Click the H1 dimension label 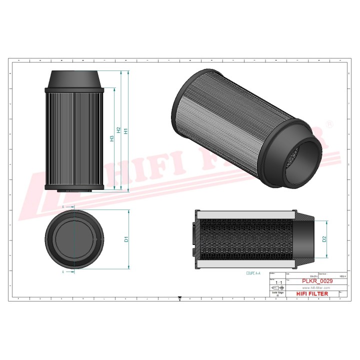[x=126, y=130]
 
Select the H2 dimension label [x=119, y=130]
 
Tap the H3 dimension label [x=112, y=138]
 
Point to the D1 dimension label [x=126, y=239]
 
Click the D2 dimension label [x=324, y=238]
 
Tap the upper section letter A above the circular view [x=63, y=206]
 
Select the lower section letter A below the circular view [x=63, y=272]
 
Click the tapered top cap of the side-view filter [x=74, y=79]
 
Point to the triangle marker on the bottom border [x=179, y=300]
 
